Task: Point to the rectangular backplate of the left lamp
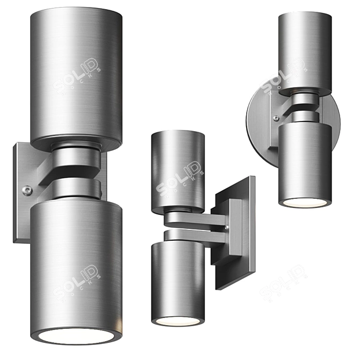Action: [x=23, y=215]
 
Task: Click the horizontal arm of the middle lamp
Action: [x=199, y=221]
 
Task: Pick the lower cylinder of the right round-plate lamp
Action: [x=304, y=161]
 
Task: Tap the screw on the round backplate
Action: [x=275, y=118]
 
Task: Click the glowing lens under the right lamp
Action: [x=304, y=203]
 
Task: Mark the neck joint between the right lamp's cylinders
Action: [x=304, y=105]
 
